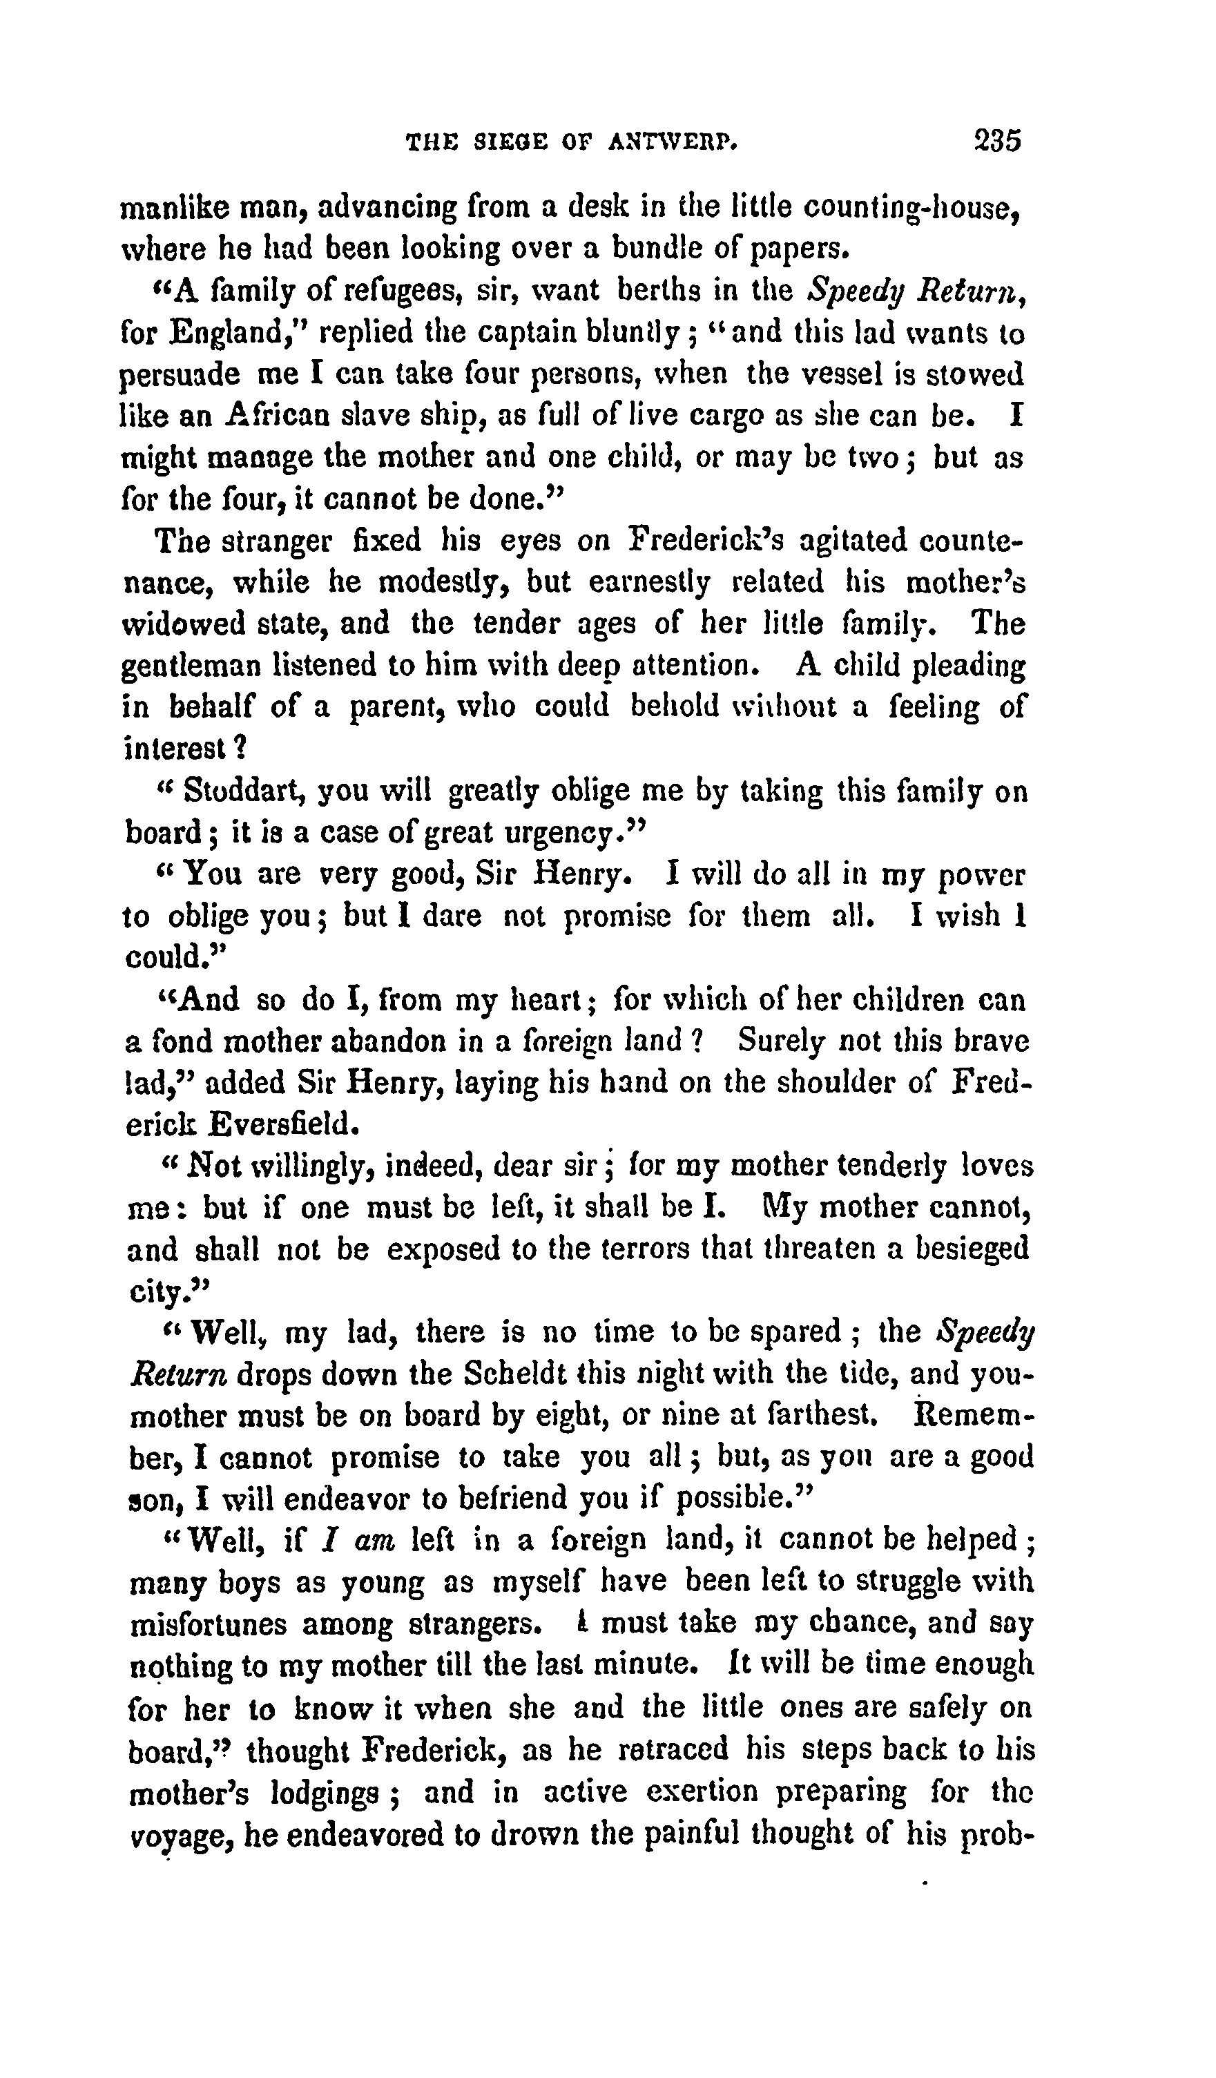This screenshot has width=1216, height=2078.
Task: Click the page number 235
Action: pos(996,140)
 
